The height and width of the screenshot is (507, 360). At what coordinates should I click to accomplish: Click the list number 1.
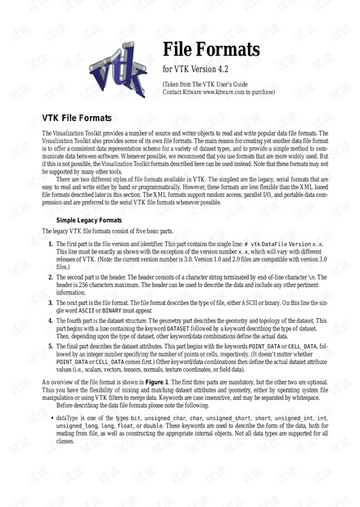[50, 245]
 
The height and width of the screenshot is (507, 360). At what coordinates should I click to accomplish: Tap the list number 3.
[50, 302]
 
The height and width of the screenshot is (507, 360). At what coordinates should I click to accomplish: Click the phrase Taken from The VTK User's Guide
[210, 85]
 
